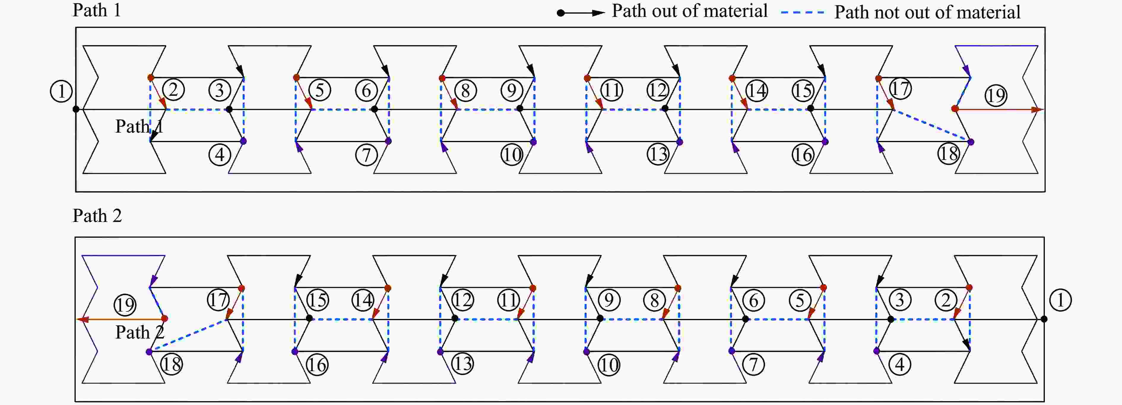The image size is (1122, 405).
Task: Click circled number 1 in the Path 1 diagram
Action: pyautogui.click(x=61, y=91)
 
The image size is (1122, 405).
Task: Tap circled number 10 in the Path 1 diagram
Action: pyautogui.click(x=512, y=155)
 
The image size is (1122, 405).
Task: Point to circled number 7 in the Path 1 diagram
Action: pyautogui.click(x=366, y=155)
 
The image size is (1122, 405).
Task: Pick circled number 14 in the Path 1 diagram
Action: pyautogui.click(x=757, y=90)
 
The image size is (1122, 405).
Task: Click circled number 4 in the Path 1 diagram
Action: pyautogui.click(x=220, y=155)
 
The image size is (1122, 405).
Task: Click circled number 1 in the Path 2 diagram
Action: pyautogui.click(x=1060, y=300)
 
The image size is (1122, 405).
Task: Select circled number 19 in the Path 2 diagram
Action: pyautogui.click(x=125, y=305)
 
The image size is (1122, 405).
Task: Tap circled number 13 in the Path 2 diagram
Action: pyautogui.click(x=462, y=364)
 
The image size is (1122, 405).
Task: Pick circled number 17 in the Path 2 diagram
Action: pyautogui.click(x=218, y=300)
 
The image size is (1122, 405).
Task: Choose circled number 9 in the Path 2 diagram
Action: pyautogui.click(x=609, y=300)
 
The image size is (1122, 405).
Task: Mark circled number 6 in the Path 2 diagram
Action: pyautogui.click(x=754, y=300)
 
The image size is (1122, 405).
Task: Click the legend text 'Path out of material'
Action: pyautogui.click(x=690, y=11)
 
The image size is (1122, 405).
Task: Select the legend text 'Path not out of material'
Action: pyautogui.click(x=927, y=12)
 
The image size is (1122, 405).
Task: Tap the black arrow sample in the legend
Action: pyautogui.click(x=581, y=13)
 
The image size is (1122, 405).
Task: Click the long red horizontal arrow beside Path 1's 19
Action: pyautogui.click(x=997, y=109)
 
